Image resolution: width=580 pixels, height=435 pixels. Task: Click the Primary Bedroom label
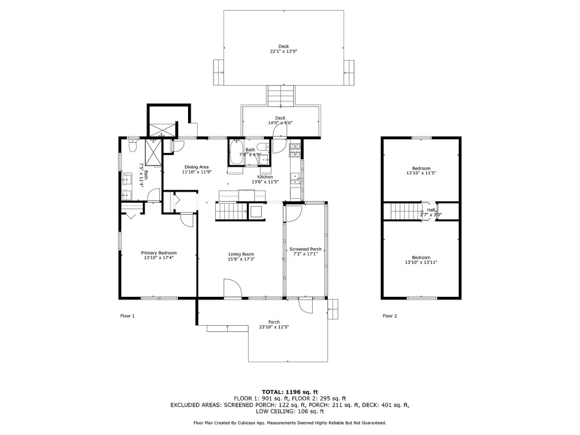tap(159, 253)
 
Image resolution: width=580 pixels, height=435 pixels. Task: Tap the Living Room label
tap(241, 254)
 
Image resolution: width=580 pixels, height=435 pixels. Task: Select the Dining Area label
tap(197, 167)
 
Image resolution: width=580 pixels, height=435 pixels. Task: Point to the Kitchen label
tap(265, 177)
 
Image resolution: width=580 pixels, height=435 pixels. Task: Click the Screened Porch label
tap(305, 249)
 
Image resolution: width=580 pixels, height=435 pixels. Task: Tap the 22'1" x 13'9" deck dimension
tap(284, 52)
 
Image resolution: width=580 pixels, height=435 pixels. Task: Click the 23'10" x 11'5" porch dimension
tap(274, 327)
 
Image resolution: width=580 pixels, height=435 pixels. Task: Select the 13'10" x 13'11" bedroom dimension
tap(421, 263)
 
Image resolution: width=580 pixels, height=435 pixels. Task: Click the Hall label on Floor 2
tap(431, 210)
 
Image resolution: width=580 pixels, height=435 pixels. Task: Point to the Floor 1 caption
tap(127, 316)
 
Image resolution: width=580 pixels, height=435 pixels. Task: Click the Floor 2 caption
tap(390, 316)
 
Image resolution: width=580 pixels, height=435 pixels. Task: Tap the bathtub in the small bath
tap(235, 152)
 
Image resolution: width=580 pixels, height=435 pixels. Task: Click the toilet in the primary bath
tap(132, 146)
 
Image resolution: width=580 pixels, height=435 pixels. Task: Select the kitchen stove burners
tap(295, 150)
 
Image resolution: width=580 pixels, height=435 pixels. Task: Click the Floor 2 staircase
tap(406, 211)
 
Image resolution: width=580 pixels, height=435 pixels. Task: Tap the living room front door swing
tap(232, 288)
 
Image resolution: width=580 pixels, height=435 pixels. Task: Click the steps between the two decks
tap(281, 95)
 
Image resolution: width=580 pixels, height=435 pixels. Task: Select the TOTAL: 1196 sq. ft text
tap(290, 392)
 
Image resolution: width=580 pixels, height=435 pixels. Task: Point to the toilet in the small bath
tap(264, 147)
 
